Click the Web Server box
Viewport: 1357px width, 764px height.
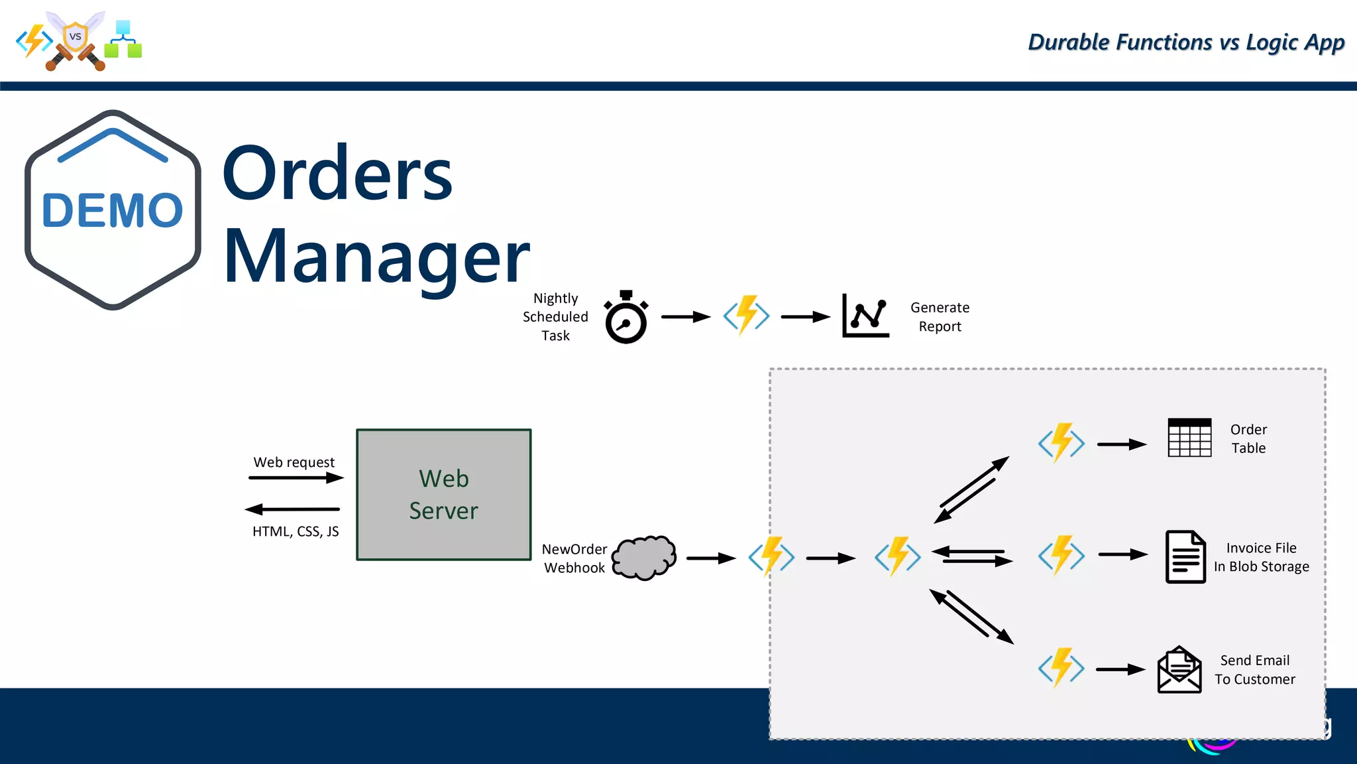coord(443,495)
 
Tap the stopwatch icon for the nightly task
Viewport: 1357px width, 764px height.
coord(625,318)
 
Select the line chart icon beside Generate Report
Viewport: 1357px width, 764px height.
coord(865,316)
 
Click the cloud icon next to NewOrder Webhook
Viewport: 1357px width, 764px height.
coord(644,557)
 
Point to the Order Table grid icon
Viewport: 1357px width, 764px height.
coord(1189,438)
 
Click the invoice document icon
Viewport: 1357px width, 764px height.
coord(1185,557)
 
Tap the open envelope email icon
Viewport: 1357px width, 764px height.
coord(1179,670)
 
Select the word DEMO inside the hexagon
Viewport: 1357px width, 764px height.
coord(113,211)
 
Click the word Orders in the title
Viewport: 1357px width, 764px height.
coord(337,174)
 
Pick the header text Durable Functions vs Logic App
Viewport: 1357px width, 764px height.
coord(1185,42)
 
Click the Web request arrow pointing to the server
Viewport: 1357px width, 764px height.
coord(296,477)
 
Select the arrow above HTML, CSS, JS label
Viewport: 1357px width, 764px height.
coord(292,509)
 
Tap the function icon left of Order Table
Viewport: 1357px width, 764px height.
coord(1061,443)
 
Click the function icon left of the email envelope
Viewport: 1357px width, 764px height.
coord(1061,668)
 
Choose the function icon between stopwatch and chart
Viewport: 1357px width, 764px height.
coord(746,316)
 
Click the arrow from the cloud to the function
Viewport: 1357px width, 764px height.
coord(711,558)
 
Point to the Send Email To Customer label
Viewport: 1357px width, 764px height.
coord(1254,670)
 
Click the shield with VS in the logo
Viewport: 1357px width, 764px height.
coord(75,37)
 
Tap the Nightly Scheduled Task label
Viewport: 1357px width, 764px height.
coord(555,317)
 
